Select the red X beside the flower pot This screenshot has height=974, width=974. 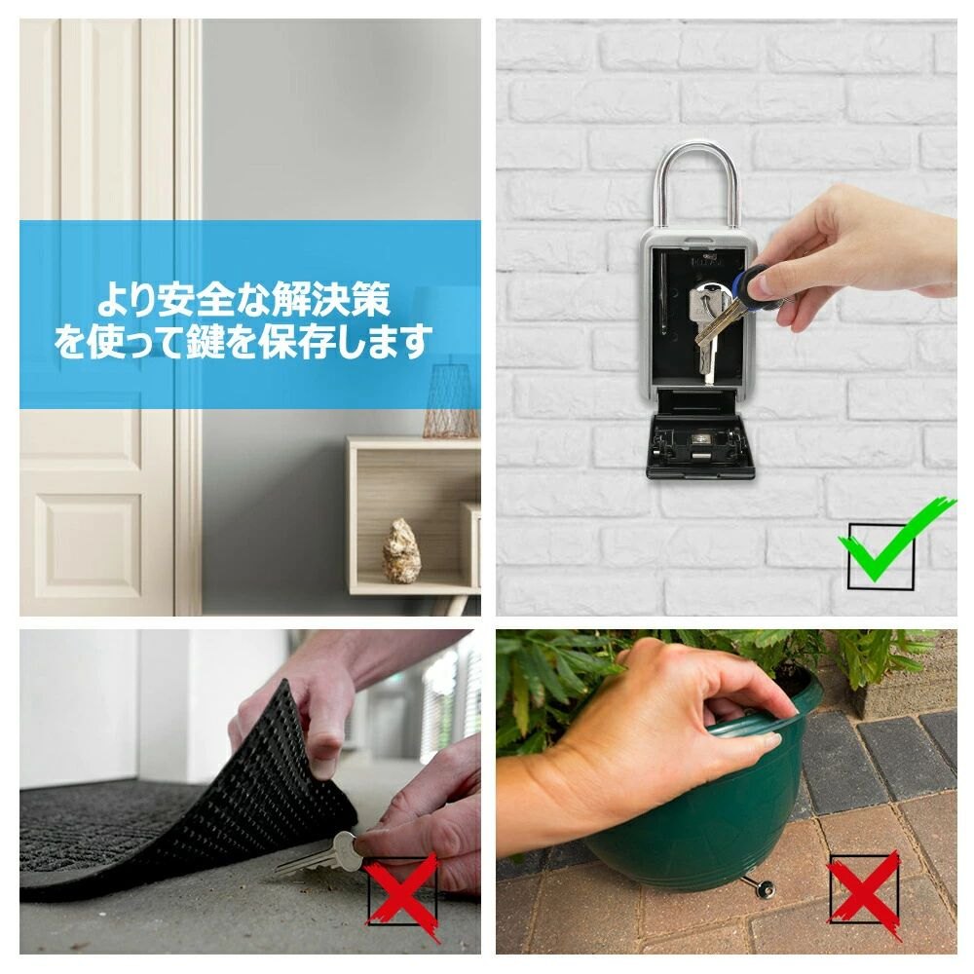click(x=863, y=889)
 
